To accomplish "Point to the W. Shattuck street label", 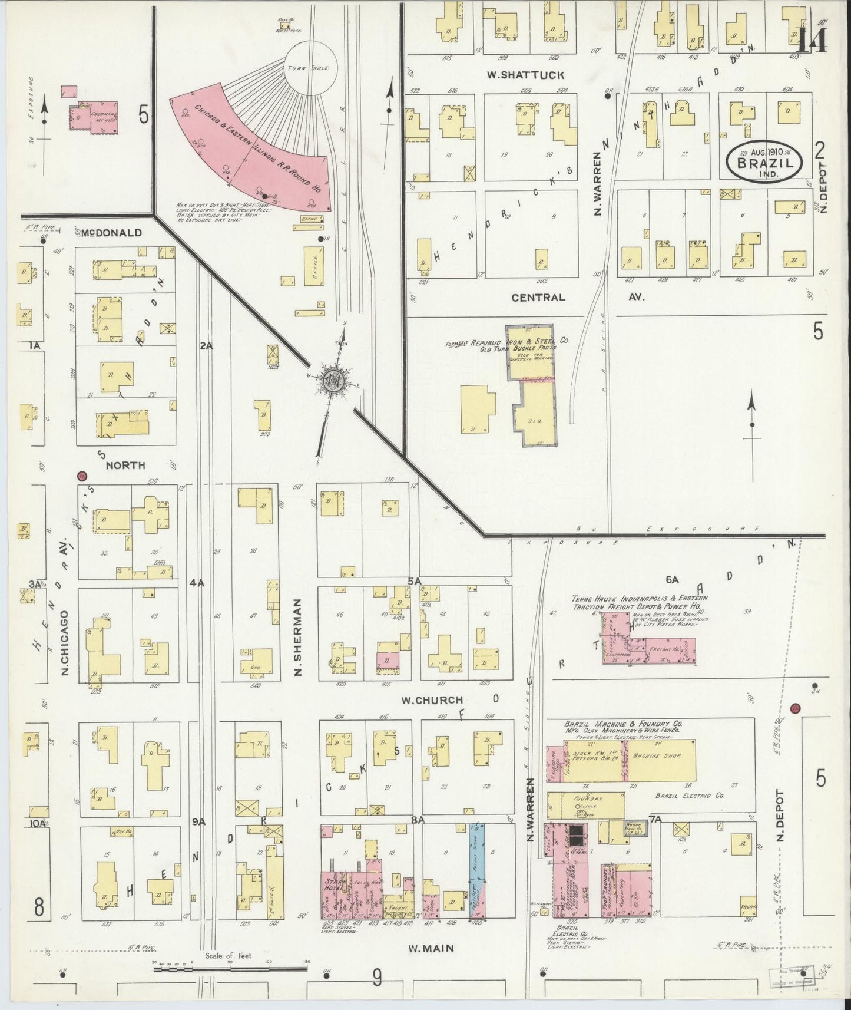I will click(x=525, y=75).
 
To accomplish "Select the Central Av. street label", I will click(x=538, y=298).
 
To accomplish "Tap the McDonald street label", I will click(x=111, y=233).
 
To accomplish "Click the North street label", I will click(x=125, y=466).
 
